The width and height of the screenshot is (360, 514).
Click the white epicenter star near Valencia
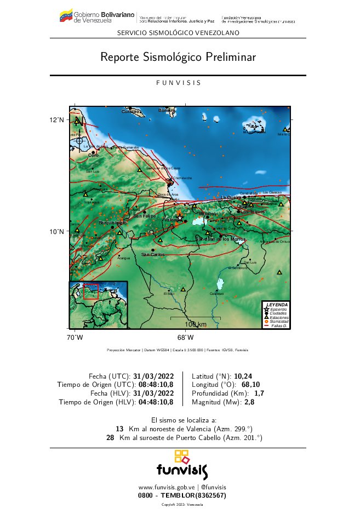[180, 218]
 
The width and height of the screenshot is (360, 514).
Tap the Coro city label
[93, 155]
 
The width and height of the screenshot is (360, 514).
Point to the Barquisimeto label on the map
[112, 223]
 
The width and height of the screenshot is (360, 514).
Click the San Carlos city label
[152, 254]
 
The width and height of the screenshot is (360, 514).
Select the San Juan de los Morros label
[221, 239]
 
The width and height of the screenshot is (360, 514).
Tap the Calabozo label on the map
[216, 294]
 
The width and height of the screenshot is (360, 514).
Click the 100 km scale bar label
[195, 324]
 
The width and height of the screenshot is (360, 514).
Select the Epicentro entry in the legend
[279, 310]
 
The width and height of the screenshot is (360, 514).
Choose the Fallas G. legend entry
[279, 326]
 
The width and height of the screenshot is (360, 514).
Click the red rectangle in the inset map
[90, 291]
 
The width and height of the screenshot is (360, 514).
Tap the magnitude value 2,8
[249, 402]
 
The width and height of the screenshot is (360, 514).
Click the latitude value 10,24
[243, 376]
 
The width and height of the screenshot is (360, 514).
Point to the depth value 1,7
[259, 393]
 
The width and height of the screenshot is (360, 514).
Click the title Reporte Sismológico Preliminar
[178, 57]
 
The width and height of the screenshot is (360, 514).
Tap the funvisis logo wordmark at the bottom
[182, 470]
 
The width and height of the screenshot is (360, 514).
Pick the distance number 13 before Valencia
[119, 429]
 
